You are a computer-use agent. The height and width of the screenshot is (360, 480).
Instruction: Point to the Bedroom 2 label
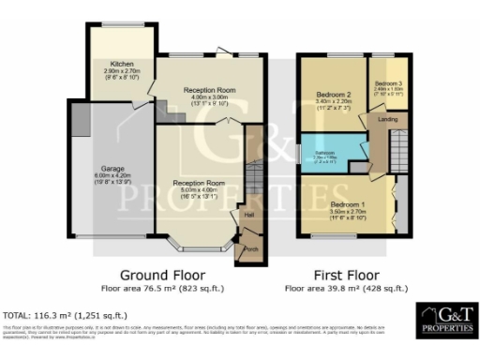click(x=333, y=95)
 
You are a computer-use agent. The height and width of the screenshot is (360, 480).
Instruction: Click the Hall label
click(x=249, y=215)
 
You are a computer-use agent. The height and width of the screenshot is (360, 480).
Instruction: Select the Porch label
click(x=250, y=249)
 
